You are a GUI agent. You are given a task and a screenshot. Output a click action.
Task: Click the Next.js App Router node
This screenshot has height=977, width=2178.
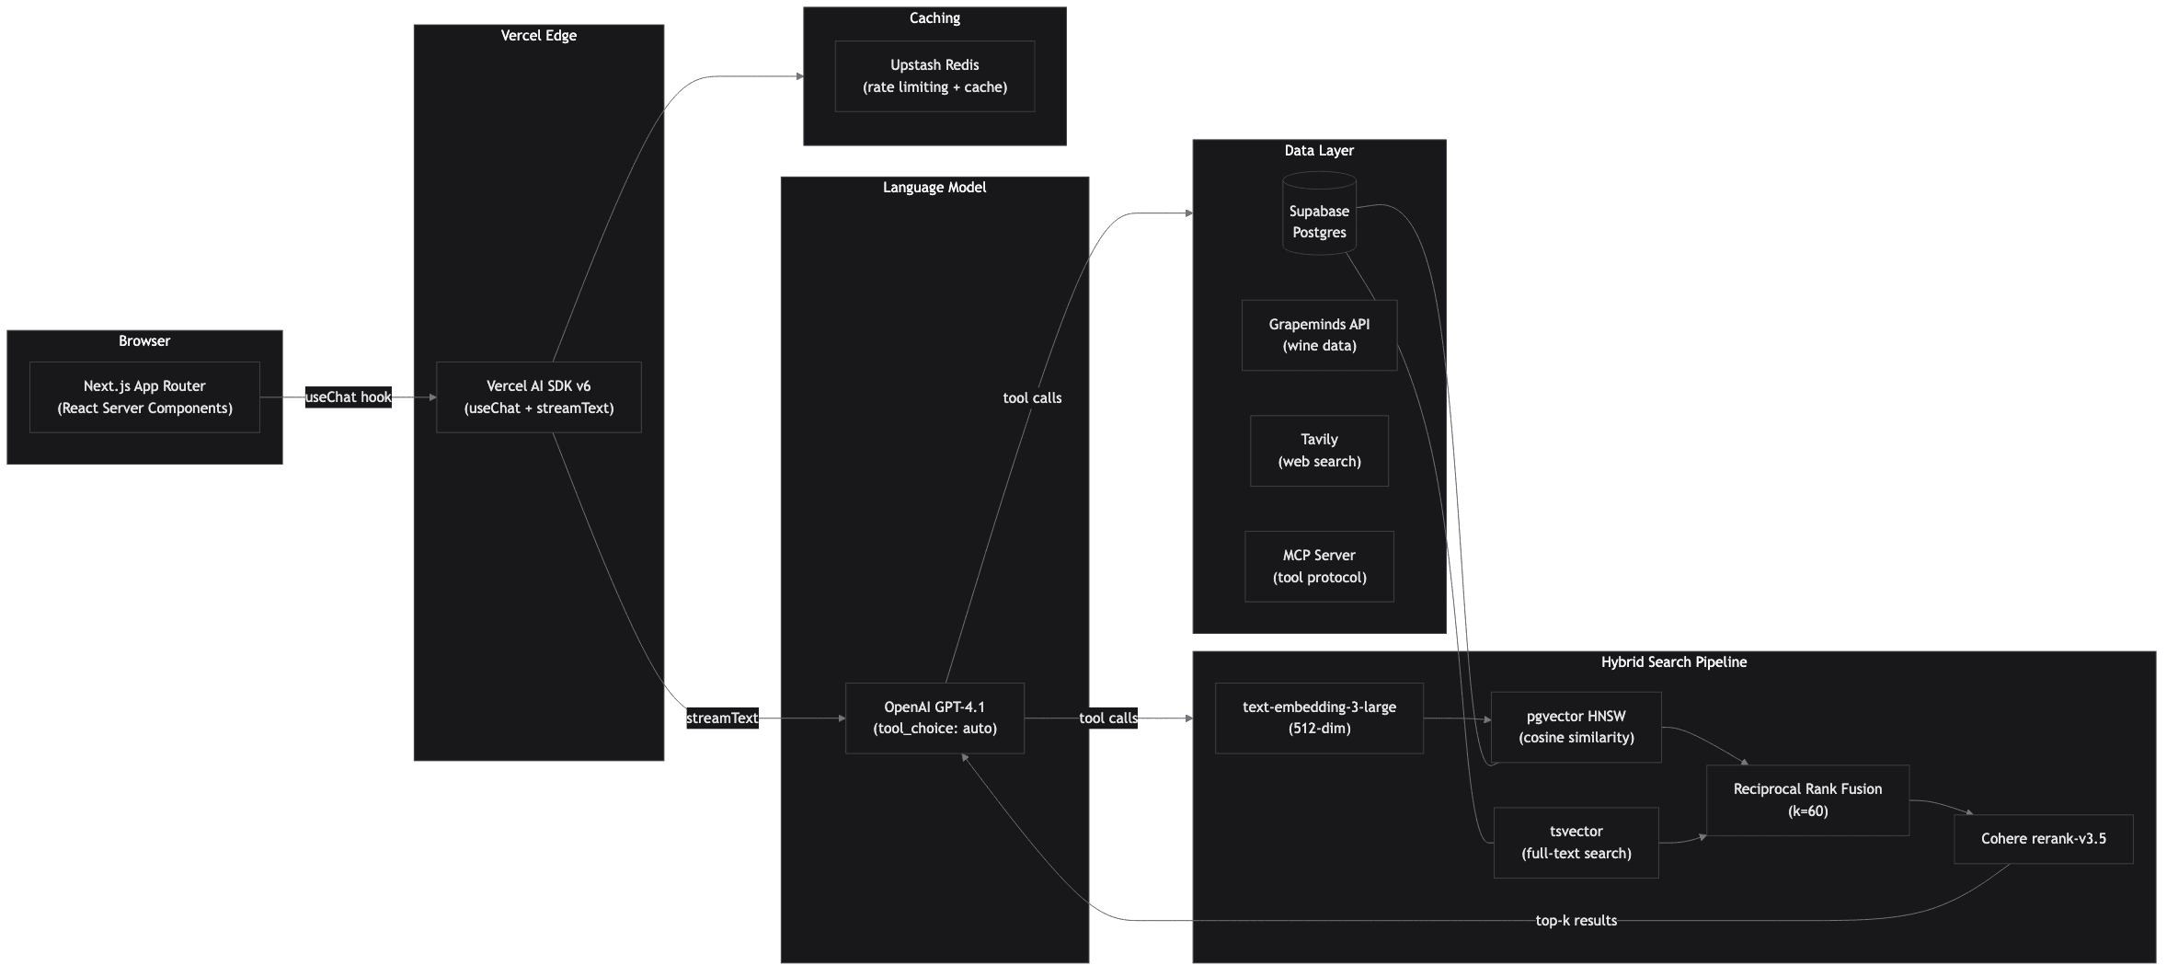(144, 397)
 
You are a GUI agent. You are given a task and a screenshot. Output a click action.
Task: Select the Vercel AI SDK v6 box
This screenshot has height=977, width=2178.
(538, 397)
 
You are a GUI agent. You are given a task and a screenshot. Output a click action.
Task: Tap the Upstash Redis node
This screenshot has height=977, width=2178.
(934, 76)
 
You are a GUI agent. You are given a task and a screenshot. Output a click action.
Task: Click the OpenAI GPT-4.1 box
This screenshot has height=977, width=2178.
(934, 718)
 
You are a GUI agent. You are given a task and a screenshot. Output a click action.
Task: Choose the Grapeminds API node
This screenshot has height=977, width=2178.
(1319, 335)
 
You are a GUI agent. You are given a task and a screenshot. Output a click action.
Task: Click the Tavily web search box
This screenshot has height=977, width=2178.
(1319, 451)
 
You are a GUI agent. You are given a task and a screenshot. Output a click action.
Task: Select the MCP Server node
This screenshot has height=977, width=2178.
(1319, 567)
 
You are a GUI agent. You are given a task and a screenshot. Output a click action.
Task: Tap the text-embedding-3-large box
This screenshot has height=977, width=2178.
(1319, 718)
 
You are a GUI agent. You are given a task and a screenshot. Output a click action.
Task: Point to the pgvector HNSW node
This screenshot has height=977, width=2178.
(1576, 727)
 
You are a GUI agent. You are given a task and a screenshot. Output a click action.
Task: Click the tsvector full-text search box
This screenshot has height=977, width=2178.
(1576, 843)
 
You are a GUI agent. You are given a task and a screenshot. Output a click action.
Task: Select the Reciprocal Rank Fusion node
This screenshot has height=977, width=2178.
(1807, 800)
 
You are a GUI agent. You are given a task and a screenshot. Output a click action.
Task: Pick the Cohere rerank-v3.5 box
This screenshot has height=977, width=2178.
(2043, 839)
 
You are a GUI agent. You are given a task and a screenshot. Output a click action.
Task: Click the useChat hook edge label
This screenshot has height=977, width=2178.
(348, 397)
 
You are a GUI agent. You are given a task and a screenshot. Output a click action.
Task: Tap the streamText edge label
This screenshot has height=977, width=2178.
(722, 718)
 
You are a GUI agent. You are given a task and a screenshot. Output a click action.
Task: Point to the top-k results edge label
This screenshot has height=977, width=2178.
(1576, 921)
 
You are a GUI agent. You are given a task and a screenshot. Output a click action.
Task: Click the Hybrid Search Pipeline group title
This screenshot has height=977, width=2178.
(1673, 662)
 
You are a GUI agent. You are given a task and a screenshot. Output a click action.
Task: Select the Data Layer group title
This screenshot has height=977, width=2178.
(1319, 151)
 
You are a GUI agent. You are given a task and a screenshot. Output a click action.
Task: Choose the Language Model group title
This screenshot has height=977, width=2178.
(934, 188)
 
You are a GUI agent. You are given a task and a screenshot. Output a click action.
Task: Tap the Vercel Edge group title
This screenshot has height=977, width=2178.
(538, 36)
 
